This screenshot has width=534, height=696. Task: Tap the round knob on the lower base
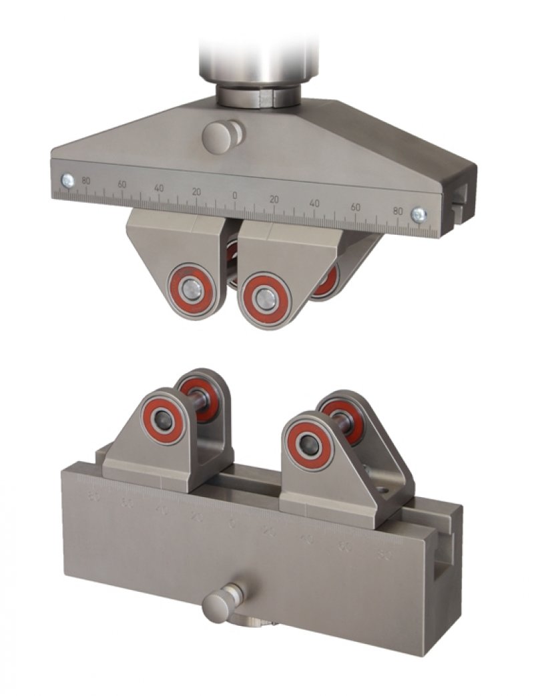point(220,605)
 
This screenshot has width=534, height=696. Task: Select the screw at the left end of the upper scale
point(67,180)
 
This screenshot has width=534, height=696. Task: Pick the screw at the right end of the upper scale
point(419,214)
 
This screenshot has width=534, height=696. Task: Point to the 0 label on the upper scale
point(234,196)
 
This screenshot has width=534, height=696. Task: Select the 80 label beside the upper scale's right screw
point(398,211)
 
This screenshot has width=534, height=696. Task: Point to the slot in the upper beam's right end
point(459,197)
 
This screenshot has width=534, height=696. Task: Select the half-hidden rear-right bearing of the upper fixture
point(326,281)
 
